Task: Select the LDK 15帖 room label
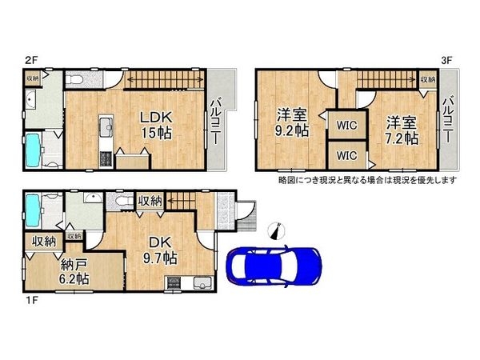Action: (156, 123)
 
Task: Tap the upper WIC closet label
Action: (346, 126)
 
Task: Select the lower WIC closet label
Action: (346, 155)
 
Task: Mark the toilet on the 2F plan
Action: (73, 80)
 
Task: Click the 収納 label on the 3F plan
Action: (428, 79)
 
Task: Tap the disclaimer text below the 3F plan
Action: (366, 180)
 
